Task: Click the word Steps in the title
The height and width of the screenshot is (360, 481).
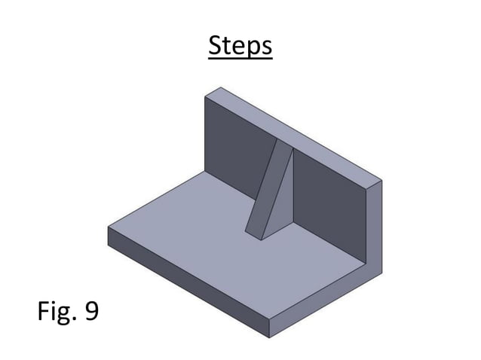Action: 240,46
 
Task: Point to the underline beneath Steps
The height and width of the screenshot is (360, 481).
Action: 240,59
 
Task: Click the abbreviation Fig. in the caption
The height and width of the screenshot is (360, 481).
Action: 57,310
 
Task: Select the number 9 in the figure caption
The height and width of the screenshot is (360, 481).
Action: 91,310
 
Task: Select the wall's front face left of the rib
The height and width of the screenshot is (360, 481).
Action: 237,151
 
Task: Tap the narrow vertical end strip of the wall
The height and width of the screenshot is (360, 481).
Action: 373,226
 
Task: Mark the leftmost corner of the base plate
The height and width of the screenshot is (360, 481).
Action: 108,229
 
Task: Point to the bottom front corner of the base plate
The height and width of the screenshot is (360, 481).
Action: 269,337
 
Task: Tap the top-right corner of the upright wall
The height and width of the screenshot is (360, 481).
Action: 381,181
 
